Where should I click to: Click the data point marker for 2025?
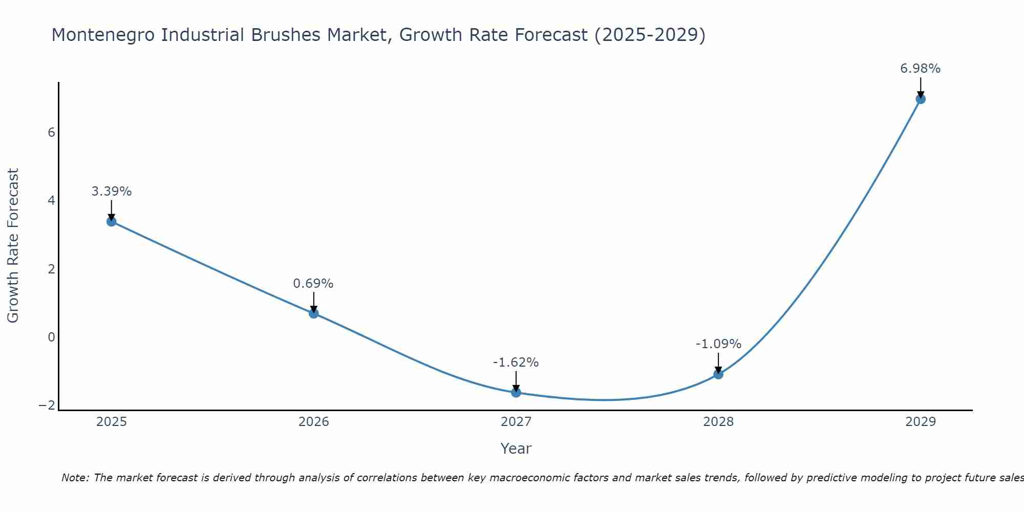point(112,222)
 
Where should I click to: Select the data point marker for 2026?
point(314,313)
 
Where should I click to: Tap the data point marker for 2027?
point(516,392)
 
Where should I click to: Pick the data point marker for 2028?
point(718,374)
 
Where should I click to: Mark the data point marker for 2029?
point(921,99)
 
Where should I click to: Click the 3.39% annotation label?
point(112,191)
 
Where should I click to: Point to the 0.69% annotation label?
point(313,284)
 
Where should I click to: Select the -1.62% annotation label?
point(516,362)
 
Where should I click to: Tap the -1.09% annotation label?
point(718,344)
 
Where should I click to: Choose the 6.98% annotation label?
point(920,69)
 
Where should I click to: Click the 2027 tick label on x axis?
point(516,422)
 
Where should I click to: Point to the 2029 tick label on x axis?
point(921,422)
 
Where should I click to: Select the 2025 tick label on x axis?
point(112,422)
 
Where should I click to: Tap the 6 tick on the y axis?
point(51,133)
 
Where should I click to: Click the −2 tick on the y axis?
point(47,405)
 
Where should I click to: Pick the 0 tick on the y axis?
point(51,337)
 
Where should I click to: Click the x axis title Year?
point(516,449)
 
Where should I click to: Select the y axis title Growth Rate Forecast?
point(13,245)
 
